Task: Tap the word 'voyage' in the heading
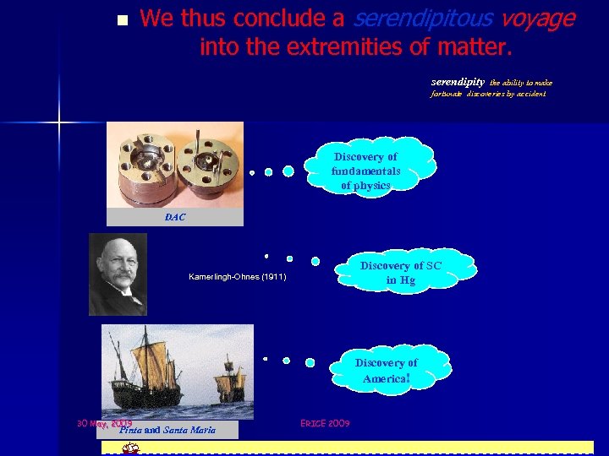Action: [x=539, y=18]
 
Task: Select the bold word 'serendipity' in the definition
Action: [x=458, y=82]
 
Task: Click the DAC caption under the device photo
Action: [x=175, y=217]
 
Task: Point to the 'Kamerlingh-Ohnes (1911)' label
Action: [x=237, y=277]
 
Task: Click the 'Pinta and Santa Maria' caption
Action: [x=167, y=430]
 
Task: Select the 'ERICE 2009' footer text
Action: [x=326, y=422]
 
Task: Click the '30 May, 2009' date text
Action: [x=103, y=422]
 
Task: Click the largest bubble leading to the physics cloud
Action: [x=288, y=171]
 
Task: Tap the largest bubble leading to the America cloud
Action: [x=310, y=362]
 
